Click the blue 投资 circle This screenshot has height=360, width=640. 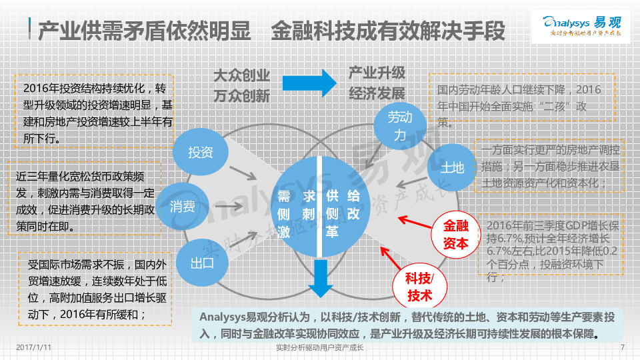click(200, 153)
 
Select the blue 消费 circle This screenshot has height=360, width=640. click(183, 207)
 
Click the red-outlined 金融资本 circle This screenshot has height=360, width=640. click(456, 235)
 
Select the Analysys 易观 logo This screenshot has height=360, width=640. click(582, 26)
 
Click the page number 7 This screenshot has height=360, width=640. click(622, 348)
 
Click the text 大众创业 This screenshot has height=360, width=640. click(241, 75)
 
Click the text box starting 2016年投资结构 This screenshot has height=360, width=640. click(94, 112)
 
